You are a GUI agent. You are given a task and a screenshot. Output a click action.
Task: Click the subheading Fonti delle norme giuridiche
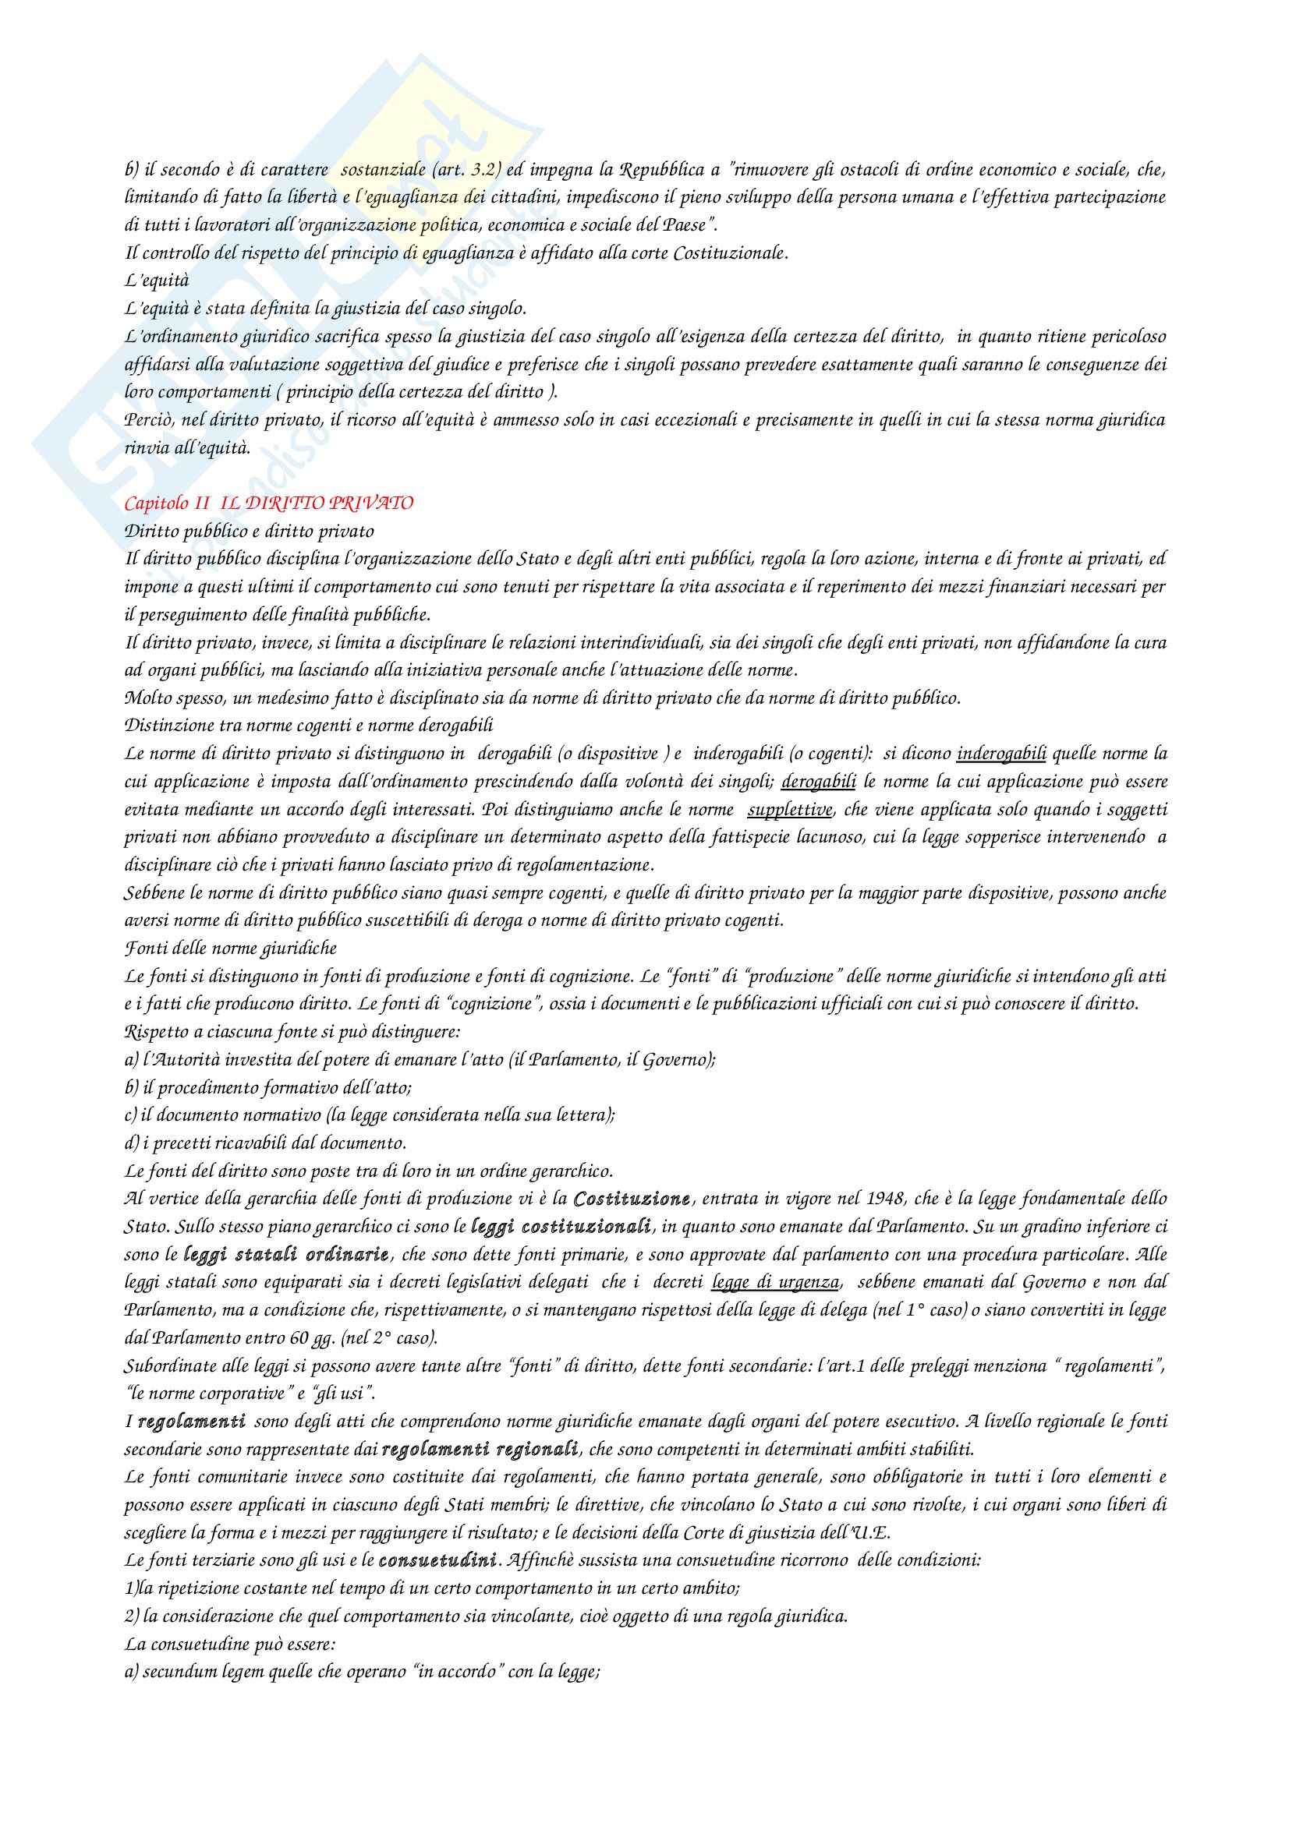point(231,948)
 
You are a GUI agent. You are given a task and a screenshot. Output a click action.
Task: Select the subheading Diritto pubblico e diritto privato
point(250,531)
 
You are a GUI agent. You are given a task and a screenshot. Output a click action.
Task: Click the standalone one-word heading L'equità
point(152,281)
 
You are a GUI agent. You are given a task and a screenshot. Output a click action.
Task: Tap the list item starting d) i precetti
point(265,1143)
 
